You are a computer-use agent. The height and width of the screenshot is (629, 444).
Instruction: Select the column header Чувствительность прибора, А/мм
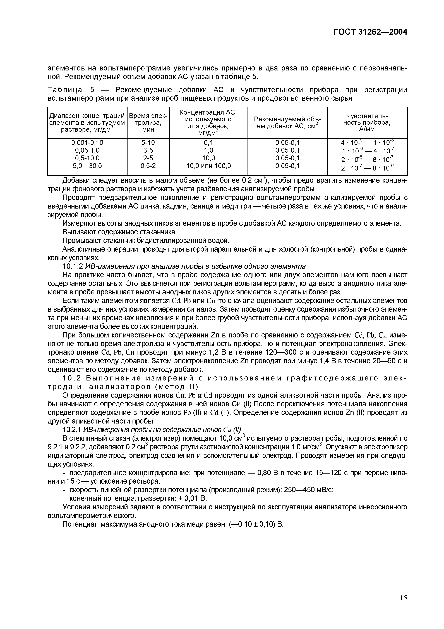click(367, 122)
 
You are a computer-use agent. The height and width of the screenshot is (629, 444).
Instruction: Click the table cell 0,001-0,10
click(87, 142)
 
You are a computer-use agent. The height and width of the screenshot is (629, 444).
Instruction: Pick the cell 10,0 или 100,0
click(208, 166)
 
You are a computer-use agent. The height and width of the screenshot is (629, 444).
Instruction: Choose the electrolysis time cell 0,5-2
click(148, 166)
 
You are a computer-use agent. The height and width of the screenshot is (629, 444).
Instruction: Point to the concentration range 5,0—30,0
click(87, 166)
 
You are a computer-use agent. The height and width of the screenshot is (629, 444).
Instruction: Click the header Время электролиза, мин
click(148, 122)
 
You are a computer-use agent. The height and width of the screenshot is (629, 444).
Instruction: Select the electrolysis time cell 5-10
click(148, 142)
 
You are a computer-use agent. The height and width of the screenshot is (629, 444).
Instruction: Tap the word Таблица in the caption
click(65, 90)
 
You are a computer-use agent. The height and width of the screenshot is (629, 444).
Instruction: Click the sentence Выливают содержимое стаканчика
click(120, 232)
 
